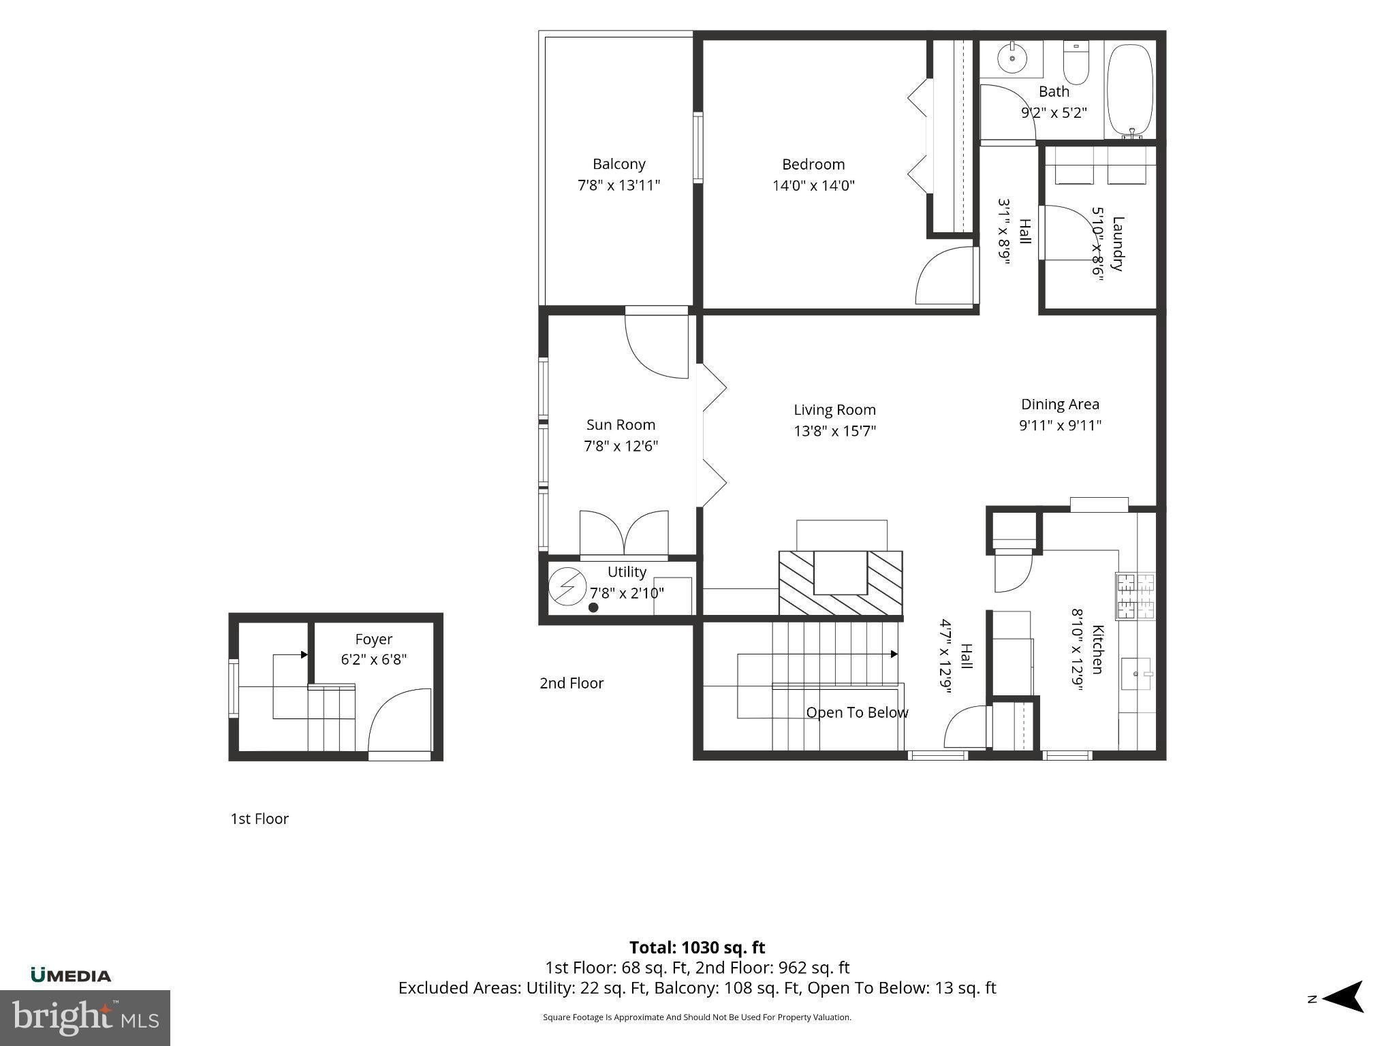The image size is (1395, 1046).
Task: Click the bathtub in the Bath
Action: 1130,91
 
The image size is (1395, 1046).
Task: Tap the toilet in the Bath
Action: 1076,63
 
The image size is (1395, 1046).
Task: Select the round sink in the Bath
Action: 1013,59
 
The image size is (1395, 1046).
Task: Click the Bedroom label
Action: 813,164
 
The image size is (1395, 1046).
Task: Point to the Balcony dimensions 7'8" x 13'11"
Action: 619,185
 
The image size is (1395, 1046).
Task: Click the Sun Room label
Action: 621,425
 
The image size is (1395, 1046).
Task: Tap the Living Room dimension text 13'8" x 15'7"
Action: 834,431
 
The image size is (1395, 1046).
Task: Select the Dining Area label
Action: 1060,405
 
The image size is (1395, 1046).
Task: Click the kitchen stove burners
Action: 1135,596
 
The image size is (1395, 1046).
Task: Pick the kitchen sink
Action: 1137,674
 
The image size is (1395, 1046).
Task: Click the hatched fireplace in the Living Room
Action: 841,582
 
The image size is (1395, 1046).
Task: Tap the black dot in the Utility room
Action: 593,607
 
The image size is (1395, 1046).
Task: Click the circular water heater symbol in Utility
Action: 567,586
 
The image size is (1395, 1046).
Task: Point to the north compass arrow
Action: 1342,997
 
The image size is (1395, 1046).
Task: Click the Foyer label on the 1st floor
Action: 374,639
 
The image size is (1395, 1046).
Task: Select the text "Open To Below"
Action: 857,713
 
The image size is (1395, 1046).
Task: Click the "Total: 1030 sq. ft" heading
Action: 697,947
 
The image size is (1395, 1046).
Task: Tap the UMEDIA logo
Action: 71,975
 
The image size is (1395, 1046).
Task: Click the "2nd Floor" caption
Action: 571,683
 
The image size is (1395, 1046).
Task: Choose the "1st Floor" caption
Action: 260,819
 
